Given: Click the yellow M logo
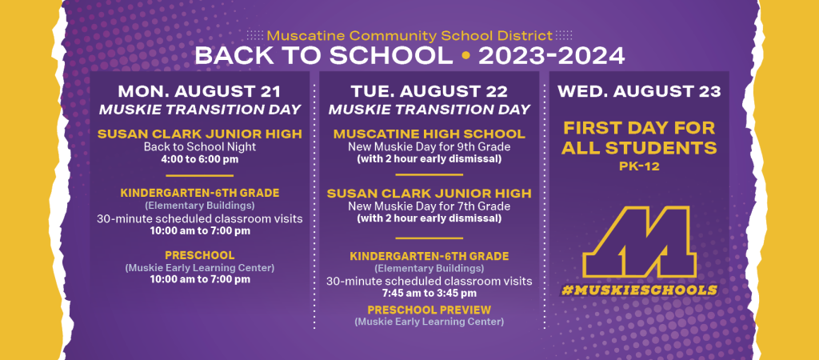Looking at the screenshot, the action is [x=639, y=242].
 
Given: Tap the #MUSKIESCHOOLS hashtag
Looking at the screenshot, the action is [x=639, y=290].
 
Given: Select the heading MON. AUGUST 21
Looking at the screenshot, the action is [x=199, y=91].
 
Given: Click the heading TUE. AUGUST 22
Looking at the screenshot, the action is [x=429, y=91].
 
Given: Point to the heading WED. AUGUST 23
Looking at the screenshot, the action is [x=639, y=91].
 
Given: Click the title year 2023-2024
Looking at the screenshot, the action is [x=551, y=56].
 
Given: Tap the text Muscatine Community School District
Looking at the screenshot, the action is [x=409, y=35].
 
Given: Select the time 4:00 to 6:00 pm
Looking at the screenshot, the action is [x=199, y=158].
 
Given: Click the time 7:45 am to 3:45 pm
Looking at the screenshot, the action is [x=429, y=293].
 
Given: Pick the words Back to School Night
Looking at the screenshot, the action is [x=199, y=147].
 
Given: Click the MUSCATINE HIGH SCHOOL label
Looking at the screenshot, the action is [x=429, y=134].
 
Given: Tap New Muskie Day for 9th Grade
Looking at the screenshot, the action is [x=429, y=147].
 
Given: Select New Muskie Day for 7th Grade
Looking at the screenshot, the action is [x=429, y=206].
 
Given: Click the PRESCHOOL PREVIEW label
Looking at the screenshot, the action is [x=429, y=310].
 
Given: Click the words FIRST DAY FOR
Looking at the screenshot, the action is [x=639, y=128].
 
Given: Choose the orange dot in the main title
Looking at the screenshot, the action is [x=465, y=56].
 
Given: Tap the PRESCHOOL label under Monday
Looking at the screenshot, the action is [x=199, y=255].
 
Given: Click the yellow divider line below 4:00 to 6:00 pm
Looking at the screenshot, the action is [x=199, y=175].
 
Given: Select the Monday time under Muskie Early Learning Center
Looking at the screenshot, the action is [x=199, y=279].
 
